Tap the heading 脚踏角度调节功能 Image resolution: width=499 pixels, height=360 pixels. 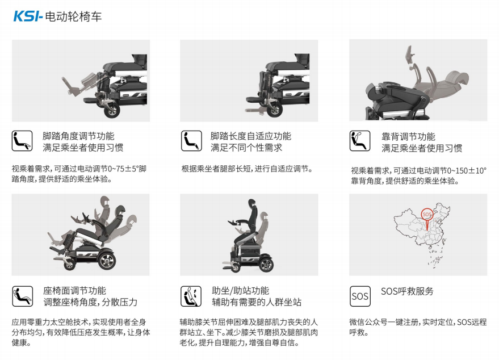pos(78,136)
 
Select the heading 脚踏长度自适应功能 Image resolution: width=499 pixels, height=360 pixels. pos(250,136)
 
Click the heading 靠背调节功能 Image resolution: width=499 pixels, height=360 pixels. pos(408,137)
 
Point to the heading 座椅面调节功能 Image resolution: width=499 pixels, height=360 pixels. pos(74,291)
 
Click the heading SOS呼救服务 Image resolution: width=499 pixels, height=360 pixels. pos(407,291)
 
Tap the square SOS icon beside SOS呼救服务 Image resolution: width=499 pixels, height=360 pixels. pos(360,296)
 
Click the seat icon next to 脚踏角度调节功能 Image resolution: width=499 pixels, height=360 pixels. pos(22,141)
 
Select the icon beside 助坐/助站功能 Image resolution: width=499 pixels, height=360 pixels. pos(191,296)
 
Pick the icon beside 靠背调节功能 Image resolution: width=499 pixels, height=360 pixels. pos(360,141)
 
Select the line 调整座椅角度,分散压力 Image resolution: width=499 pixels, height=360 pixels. pos(90,303)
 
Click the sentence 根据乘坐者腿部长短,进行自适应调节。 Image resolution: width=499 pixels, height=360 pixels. pos(248,169)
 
